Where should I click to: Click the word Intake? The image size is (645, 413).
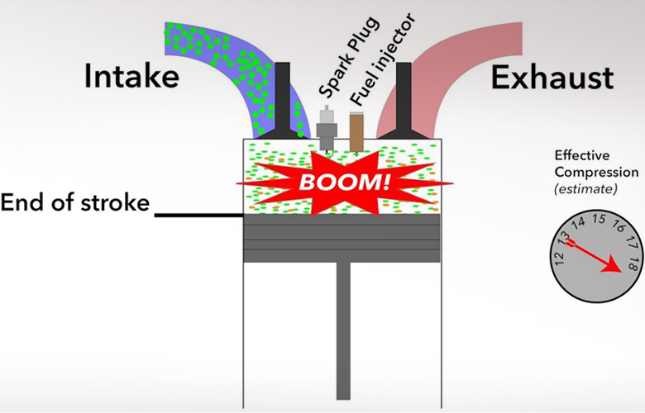pos(131,77)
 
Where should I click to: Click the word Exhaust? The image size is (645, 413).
pos(552,78)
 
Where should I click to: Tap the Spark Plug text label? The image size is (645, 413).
pos(348,58)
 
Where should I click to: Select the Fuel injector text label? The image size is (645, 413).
pos(383,59)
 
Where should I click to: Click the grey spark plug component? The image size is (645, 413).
pos(327,128)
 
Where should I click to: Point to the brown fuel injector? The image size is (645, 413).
pos(356,131)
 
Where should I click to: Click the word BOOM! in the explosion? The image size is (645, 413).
pos(344,182)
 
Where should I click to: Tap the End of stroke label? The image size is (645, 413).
pos(75,202)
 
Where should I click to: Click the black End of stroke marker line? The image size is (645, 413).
pos(199,215)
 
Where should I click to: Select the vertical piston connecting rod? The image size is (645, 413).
pos(343,330)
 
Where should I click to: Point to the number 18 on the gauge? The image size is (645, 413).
pos(634,264)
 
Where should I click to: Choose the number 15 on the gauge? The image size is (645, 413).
pos(600,219)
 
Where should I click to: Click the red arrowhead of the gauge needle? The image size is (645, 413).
pos(612,264)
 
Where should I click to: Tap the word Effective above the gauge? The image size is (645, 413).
pos(581,155)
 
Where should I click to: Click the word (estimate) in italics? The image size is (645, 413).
pos(585,189)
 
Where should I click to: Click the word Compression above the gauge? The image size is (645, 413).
pos(596,173)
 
